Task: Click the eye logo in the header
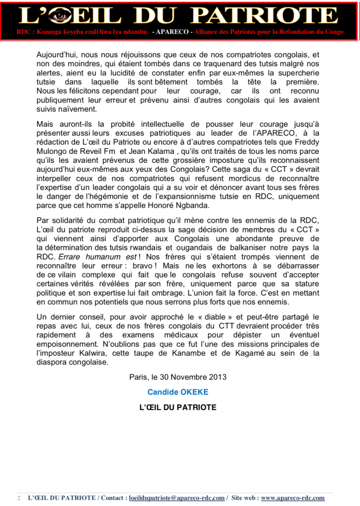coord(60,16)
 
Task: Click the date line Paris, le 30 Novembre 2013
coord(178,377)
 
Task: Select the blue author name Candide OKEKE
coord(178,392)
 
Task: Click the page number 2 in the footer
coord(19,498)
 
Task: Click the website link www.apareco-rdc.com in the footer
coord(292,498)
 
